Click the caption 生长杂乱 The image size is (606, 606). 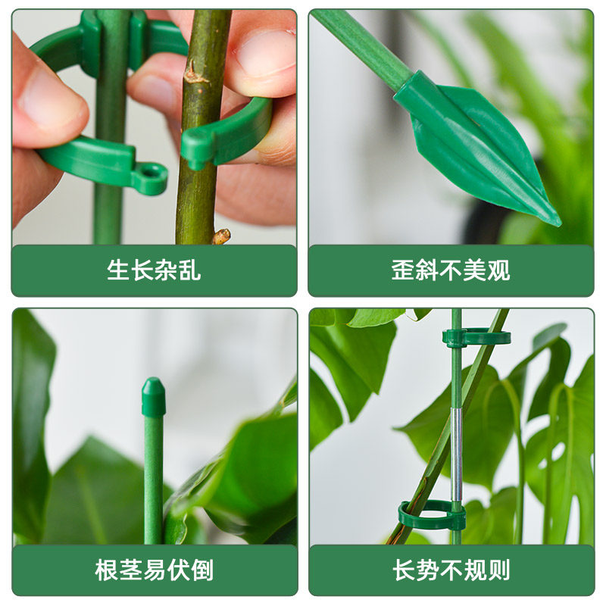pyautogui.click(x=154, y=270)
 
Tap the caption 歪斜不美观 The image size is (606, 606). pyautogui.click(x=451, y=270)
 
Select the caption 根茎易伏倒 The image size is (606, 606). pyautogui.click(x=154, y=570)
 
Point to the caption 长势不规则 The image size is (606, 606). pyautogui.click(x=451, y=570)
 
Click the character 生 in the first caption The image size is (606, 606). pyautogui.click(x=118, y=270)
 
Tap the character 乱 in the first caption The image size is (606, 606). pyautogui.click(x=189, y=270)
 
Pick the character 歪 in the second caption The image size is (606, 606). pyautogui.click(x=403, y=270)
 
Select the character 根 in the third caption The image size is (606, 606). pyautogui.click(x=106, y=570)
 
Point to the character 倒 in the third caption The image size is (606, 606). pyautogui.click(x=201, y=570)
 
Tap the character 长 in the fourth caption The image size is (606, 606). pyautogui.click(x=403, y=570)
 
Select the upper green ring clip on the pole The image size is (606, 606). pyautogui.click(x=476, y=337)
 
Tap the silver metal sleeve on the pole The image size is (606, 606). pyautogui.click(x=456, y=454)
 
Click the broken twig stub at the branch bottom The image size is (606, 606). pyautogui.click(x=220, y=236)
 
